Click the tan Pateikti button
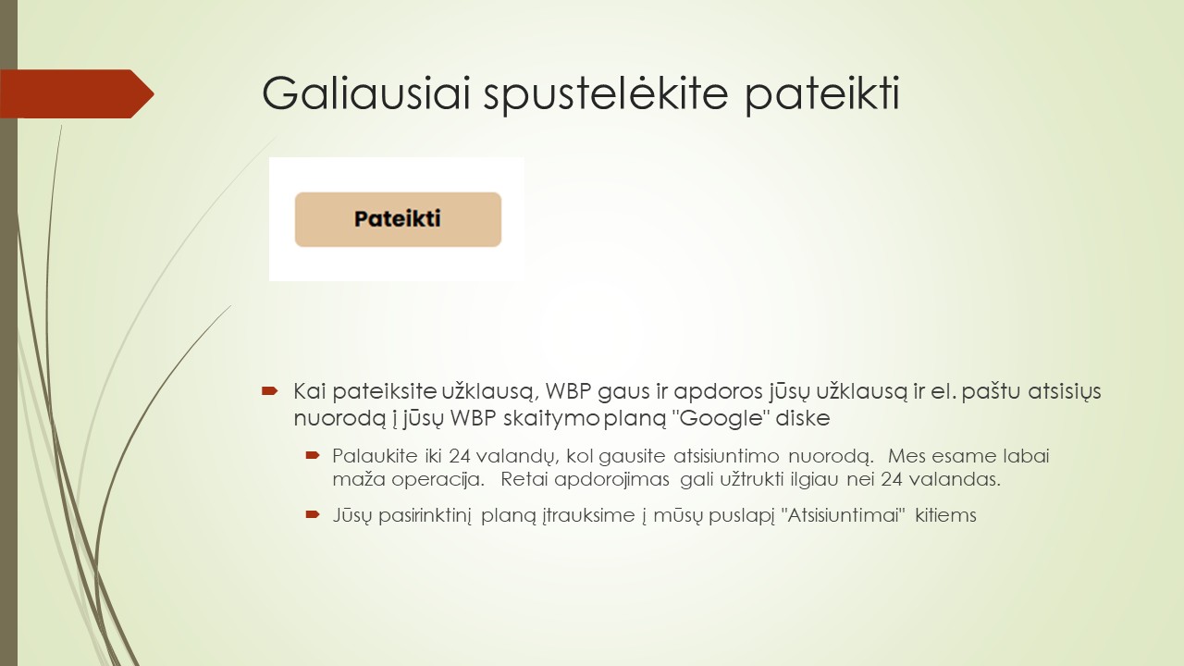(x=398, y=219)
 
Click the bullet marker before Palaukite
(x=313, y=455)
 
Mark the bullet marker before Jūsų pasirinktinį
(x=313, y=514)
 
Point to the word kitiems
(x=945, y=515)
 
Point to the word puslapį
(x=729, y=515)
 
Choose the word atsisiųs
(x=1065, y=391)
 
